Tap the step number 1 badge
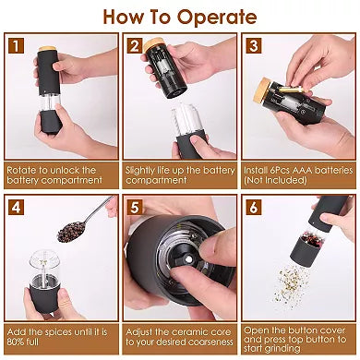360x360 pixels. [x=14, y=46]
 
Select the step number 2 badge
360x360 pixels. [x=135, y=46]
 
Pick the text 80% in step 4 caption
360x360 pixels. [x=19, y=342]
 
